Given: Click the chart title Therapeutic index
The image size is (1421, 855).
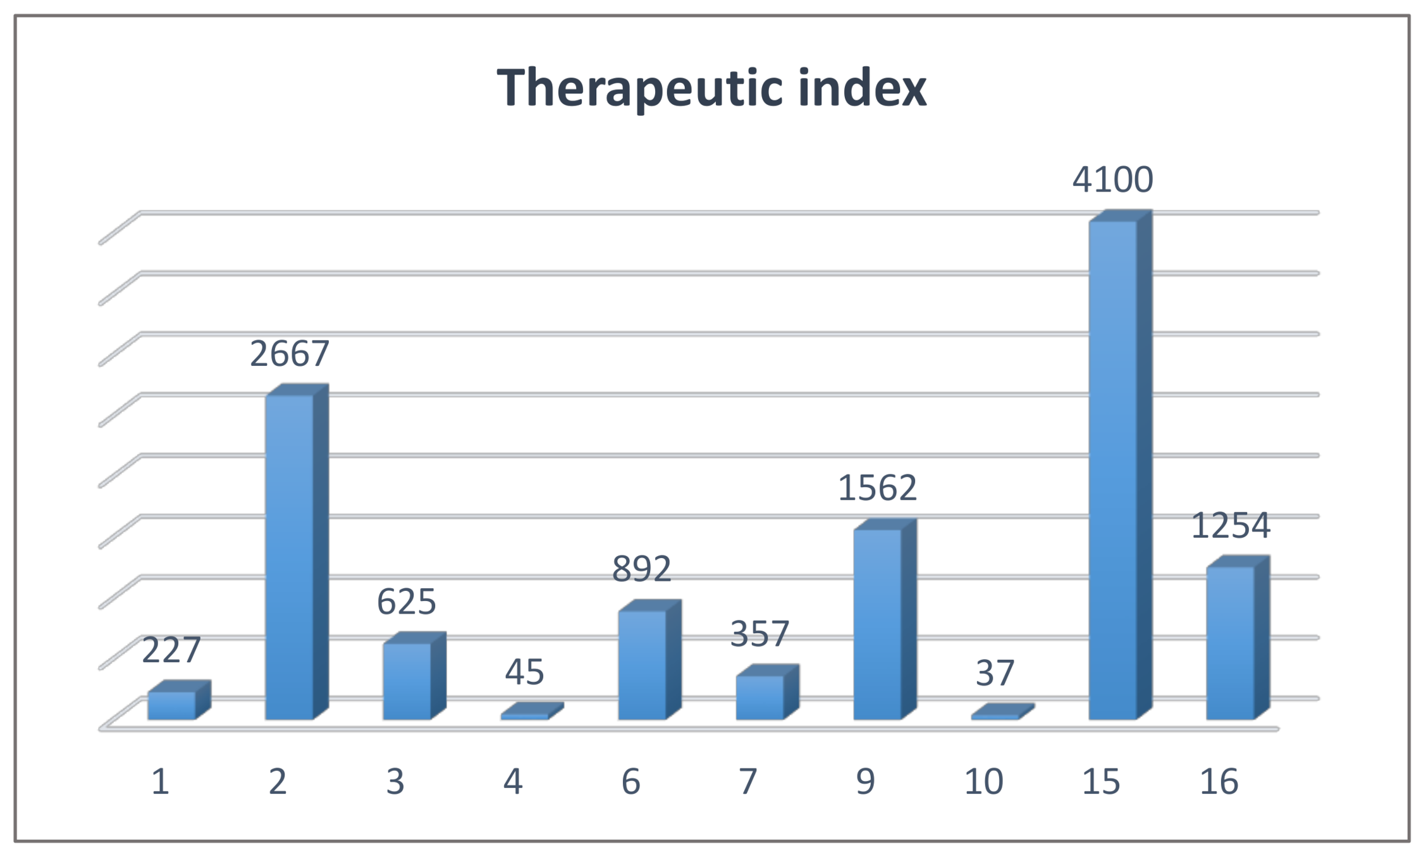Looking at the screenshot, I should [711, 88].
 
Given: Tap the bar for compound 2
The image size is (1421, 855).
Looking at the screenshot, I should [290, 556].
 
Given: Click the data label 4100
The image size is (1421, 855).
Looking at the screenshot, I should [1113, 179].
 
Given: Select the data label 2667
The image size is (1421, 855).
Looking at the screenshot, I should [290, 353].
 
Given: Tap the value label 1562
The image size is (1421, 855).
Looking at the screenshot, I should [878, 488].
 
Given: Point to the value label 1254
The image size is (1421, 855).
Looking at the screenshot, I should [1231, 526].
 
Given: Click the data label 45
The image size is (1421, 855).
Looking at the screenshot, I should [524, 672].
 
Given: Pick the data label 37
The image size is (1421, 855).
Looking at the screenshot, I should [995, 673].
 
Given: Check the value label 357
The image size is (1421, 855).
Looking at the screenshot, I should [760, 633].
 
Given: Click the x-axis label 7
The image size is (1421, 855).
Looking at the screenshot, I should [748, 782].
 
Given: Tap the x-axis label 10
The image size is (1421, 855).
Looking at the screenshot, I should [983, 782].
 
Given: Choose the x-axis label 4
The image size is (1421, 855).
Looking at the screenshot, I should [513, 782].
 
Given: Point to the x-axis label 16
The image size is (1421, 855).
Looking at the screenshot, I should [1219, 782].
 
